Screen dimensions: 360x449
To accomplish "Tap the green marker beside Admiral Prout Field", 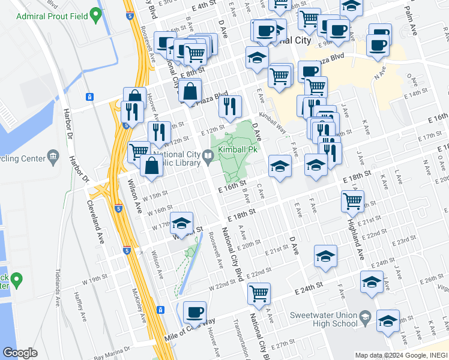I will click(x=95, y=13).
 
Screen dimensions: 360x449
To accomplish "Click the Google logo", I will click(x=20, y=353).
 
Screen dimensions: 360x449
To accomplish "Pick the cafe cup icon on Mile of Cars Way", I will click(x=194, y=312).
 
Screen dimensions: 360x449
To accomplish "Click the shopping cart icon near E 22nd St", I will click(x=259, y=293).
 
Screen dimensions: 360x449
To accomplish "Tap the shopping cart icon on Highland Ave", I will click(x=352, y=200).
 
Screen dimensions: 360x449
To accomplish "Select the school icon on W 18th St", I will click(x=181, y=223).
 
